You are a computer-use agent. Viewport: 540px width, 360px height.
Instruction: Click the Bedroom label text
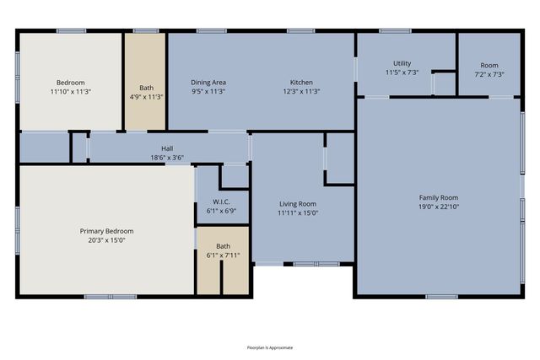70,83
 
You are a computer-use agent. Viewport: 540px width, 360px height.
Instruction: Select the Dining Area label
208,83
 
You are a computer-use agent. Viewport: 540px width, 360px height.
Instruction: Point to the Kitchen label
302,83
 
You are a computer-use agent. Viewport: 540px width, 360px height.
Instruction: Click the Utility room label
402,64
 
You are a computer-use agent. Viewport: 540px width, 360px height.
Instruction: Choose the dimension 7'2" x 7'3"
489,74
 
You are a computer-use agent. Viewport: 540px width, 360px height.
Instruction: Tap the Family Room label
438,197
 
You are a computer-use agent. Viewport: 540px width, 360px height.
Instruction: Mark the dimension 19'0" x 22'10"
438,207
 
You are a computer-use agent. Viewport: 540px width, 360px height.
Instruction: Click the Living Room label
298,203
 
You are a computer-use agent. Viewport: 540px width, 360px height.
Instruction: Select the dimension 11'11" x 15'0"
298,212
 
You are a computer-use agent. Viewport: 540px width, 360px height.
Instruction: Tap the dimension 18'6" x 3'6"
167,158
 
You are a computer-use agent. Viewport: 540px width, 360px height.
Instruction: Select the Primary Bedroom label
106,231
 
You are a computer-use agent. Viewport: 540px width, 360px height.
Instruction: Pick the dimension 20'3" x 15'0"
106,240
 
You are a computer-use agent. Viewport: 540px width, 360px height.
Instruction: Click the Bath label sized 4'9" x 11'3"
146,88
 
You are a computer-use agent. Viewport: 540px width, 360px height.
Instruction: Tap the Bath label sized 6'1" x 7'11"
222,246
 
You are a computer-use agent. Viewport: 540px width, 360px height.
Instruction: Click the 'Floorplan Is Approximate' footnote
270,347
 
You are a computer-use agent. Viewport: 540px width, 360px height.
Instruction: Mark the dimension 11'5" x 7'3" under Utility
402,73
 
